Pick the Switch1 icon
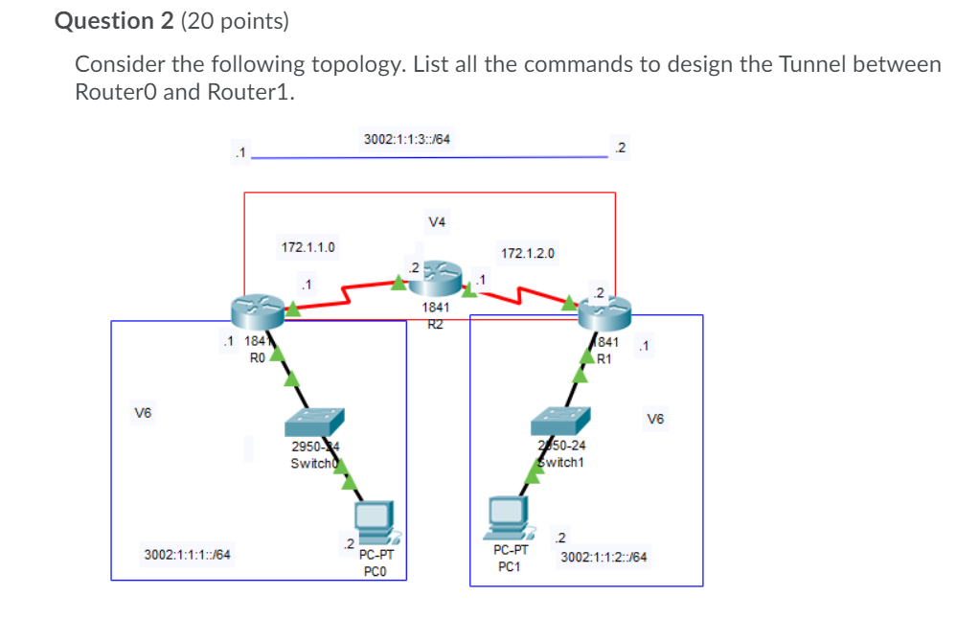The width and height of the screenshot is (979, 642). coord(560,420)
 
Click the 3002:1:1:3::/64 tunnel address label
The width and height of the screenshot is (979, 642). coord(407,139)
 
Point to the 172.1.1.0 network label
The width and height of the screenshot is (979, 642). coord(307,247)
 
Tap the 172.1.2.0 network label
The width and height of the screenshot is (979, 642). coord(527,254)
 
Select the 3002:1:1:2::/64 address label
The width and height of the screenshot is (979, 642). coord(603,557)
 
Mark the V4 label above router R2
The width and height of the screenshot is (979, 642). coord(437,222)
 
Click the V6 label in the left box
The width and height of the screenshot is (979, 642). coord(143,413)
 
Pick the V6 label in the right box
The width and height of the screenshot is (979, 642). coord(655,418)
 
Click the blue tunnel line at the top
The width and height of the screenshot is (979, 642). coord(431,158)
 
